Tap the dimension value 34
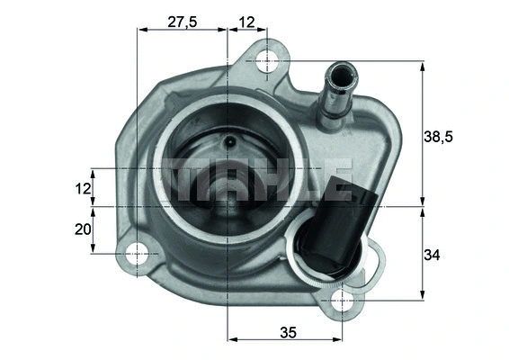point(432,256)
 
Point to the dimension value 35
point(288,331)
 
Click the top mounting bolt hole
point(268,61)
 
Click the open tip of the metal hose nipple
point(341,68)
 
